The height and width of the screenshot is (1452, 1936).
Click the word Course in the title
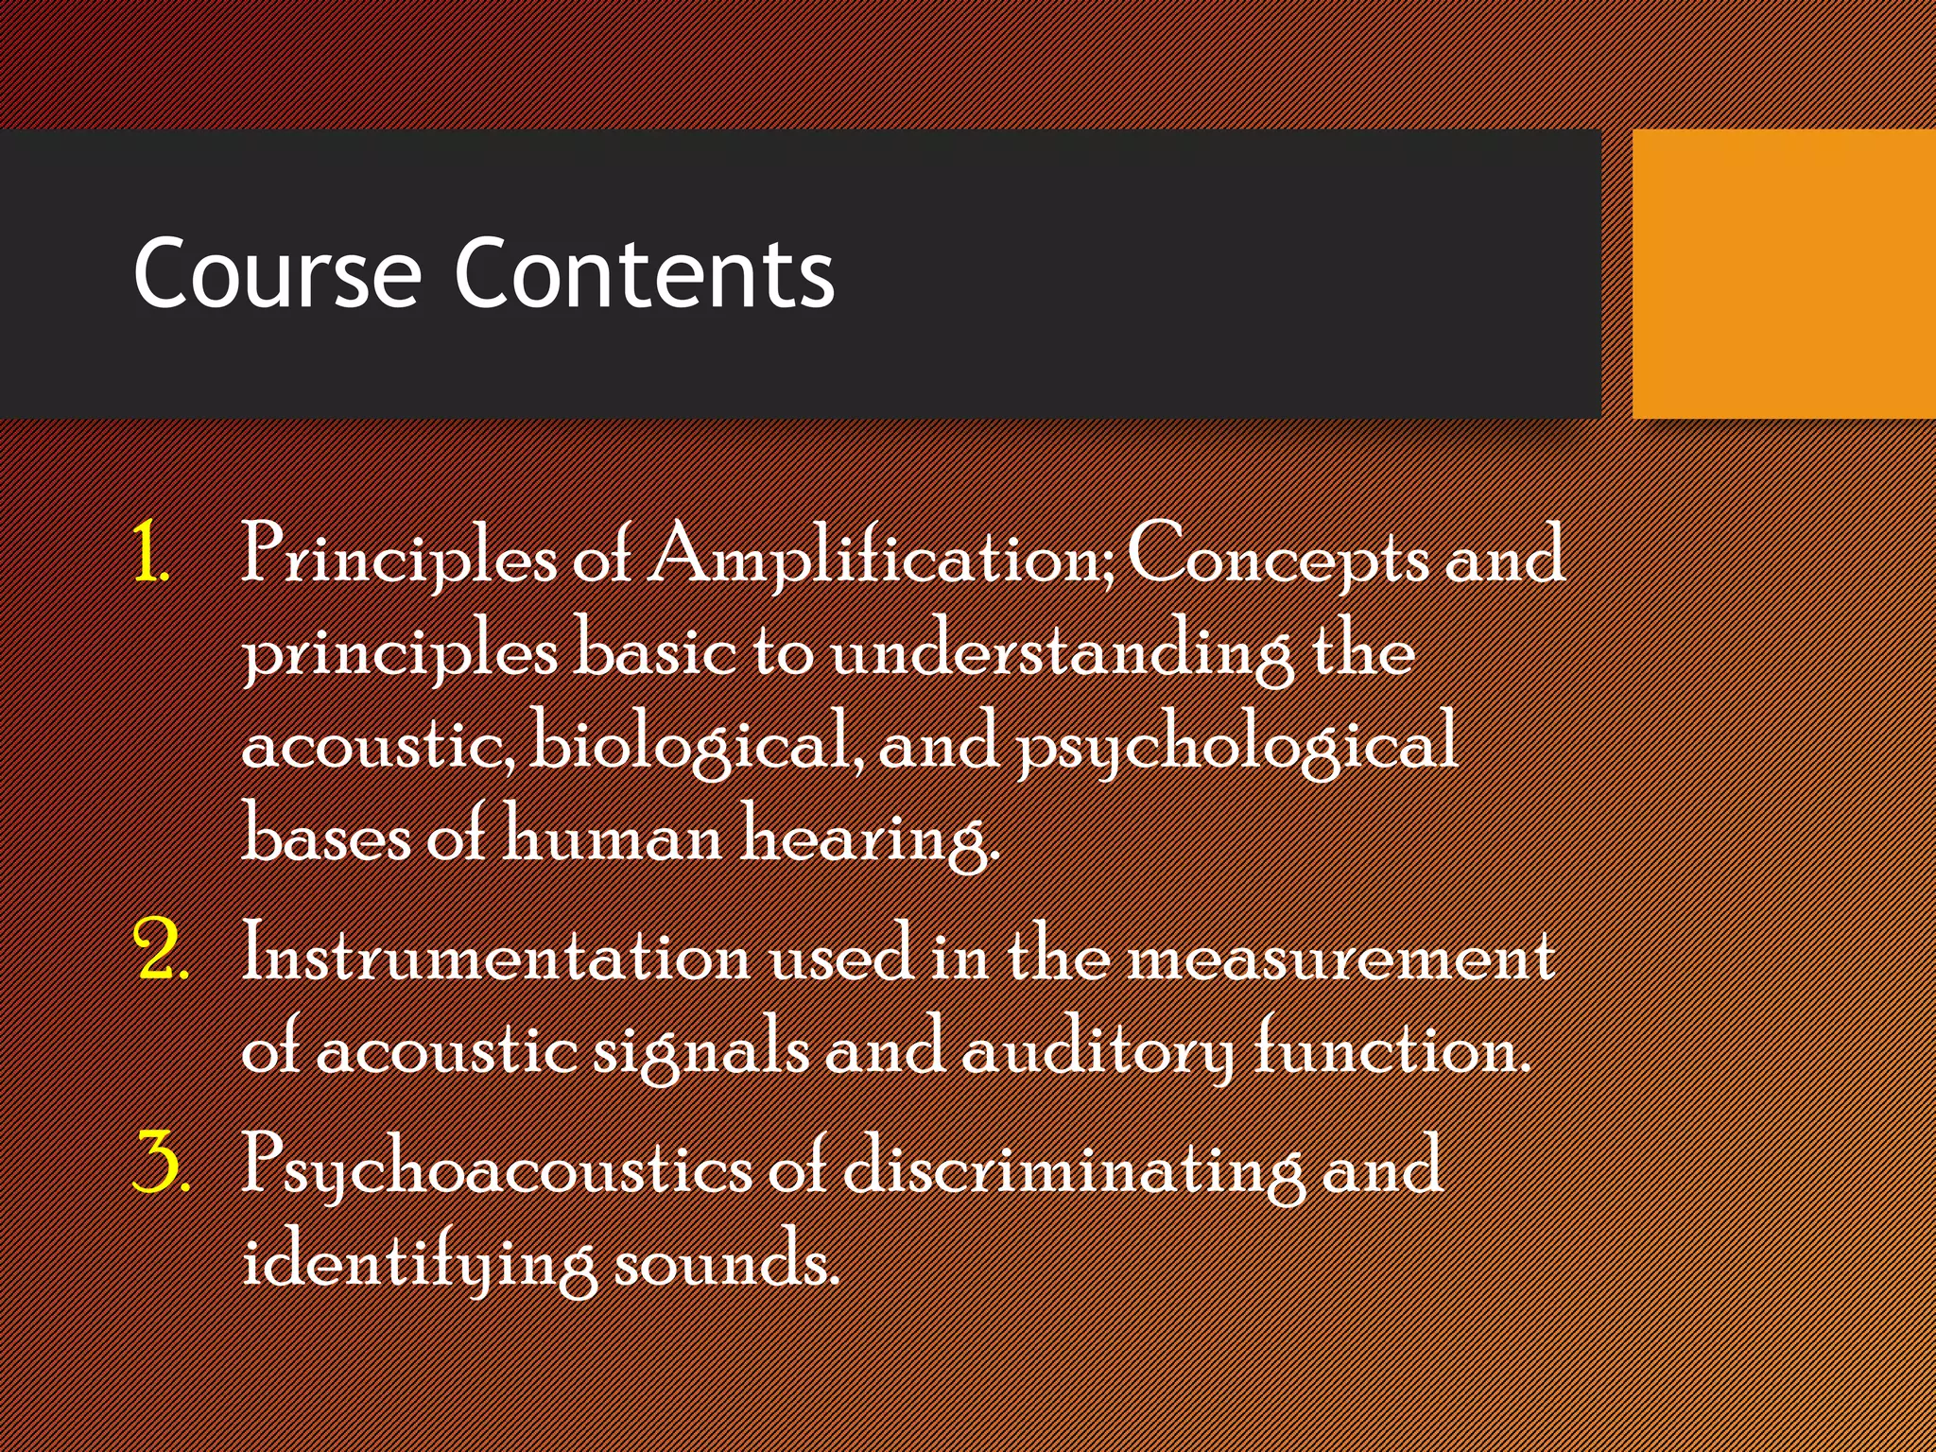(276, 274)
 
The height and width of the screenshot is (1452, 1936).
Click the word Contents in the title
(644, 274)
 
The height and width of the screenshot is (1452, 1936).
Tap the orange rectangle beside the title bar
(1783, 274)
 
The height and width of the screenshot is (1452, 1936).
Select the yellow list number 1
(149, 553)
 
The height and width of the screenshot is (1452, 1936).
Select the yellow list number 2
(161, 950)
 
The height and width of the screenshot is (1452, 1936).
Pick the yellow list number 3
(161, 1163)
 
